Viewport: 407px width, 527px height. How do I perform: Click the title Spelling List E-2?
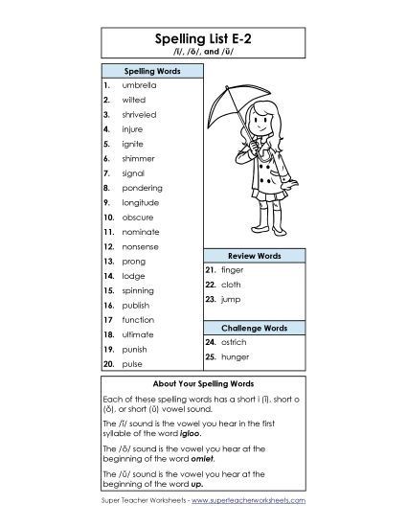203,37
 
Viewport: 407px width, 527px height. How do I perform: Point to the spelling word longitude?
141,202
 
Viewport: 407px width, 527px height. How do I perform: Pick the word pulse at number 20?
132,364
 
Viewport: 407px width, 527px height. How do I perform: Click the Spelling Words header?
148,70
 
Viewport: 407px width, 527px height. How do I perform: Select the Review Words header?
254,256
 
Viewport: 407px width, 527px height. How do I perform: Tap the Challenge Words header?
254,327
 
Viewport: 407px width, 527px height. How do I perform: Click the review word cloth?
232,285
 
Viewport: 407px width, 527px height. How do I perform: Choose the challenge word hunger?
235,356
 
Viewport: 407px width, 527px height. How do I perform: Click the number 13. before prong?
109,261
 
